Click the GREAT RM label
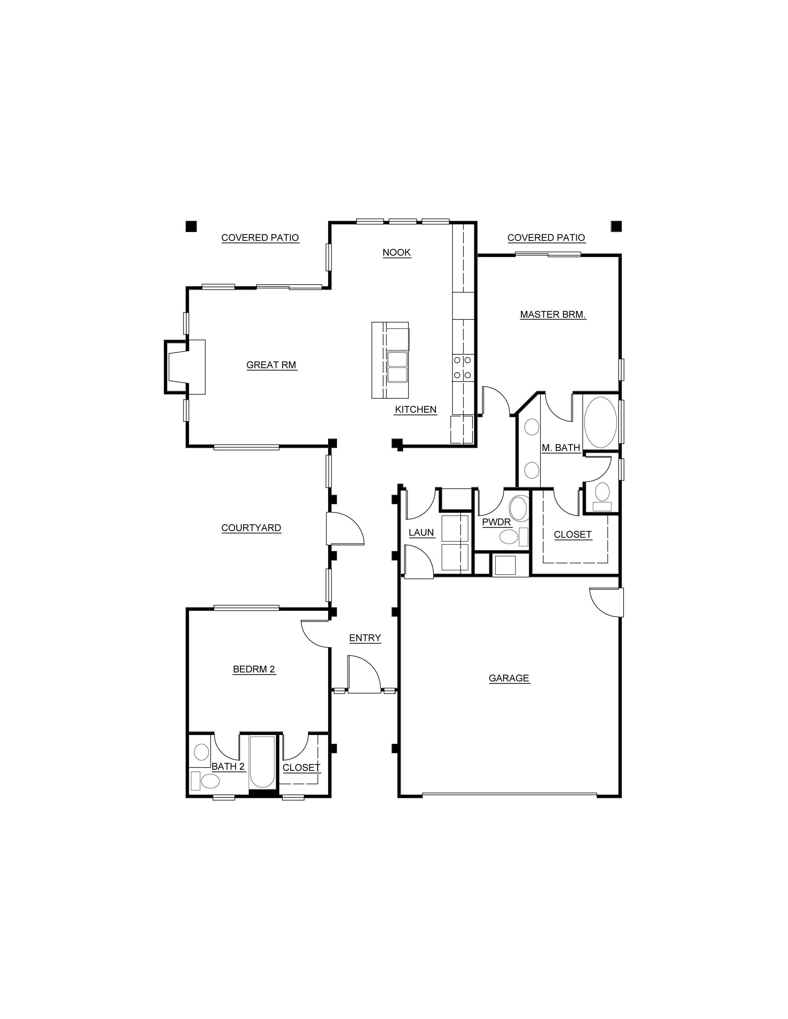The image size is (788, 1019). [x=271, y=365]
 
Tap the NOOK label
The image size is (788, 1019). [x=397, y=252]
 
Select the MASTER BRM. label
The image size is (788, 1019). [x=553, y=314]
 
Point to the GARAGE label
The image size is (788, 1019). [x=509, y=678]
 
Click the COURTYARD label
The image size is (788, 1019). [x=251, y=528]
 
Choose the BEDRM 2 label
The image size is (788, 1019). [x=254, y=669]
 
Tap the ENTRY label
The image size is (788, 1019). [x=365, y=638]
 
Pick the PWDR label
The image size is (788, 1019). [x=496, y=522]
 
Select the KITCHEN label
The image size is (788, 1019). [x=416, y=409]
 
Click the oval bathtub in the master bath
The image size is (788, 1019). [x=600, y=422]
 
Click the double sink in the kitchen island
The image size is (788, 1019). [x=397, y=367]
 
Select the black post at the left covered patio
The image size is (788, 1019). [x=191, y=226]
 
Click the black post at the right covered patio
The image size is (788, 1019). [x=616, y=226]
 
